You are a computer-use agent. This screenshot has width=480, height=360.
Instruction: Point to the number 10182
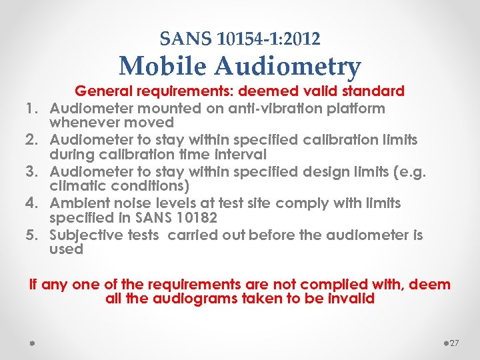pyautogui.click(x=195, y=217)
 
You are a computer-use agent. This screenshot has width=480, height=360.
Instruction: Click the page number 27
pyautogui.click(x=454, y=343)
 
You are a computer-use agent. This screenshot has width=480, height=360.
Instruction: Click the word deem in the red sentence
pyautogui.click(x=429, y=285)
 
